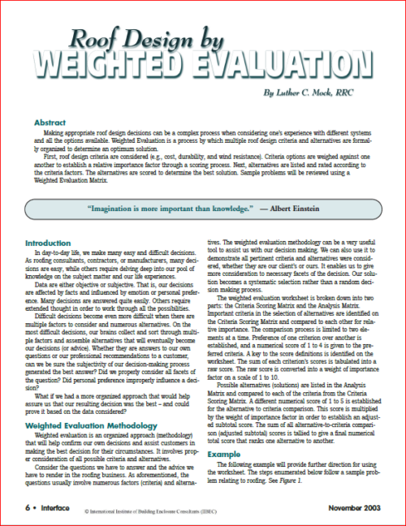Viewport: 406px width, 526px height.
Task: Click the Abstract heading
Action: tap(50, 123)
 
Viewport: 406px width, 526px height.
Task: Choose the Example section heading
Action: tap(224, 454)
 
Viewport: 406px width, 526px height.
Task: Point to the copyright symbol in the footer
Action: tap(88, 509)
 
